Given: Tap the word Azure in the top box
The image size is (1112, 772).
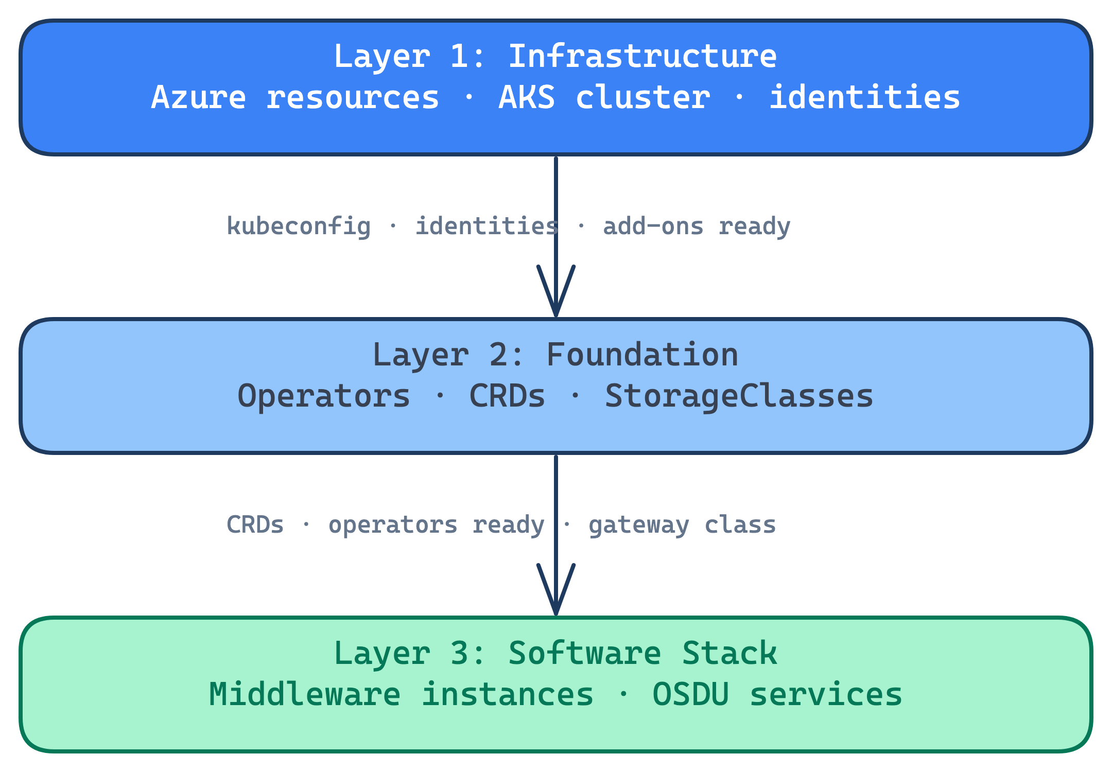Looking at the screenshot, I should click(x=199, y=97).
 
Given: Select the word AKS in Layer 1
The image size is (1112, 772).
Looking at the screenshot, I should click(x=527, y=97).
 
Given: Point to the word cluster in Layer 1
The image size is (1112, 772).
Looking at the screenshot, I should click(x=642, y=97).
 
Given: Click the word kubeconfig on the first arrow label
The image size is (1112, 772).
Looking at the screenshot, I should click(x=299, y=226).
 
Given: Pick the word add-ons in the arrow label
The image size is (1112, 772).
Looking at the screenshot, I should click(x=653, y=226).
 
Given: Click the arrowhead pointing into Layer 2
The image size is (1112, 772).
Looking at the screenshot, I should click(x=556, y=299).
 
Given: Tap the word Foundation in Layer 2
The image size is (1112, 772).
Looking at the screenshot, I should click(x=642, y=355).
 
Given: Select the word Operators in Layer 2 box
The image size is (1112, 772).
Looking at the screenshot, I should click(x=324, y=396).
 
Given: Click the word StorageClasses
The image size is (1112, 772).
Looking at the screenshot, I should click(x=739, y=396).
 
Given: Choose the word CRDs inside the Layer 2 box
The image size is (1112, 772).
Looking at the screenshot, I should click(x=507, y=396).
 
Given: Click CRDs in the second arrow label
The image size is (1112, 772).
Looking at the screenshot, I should click(x=255, y=525).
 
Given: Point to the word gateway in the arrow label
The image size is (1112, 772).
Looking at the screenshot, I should click(x=638, y=525).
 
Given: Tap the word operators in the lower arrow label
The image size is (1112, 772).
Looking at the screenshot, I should click(x=393, y=525).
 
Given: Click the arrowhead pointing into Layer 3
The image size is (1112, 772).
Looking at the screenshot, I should click(x=556, y=597).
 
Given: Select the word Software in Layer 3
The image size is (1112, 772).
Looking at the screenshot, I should click(x=584, y=653).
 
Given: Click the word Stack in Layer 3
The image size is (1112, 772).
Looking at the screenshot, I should click(x=729, y=653).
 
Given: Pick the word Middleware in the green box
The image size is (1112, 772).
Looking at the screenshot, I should click(x=305, y=694).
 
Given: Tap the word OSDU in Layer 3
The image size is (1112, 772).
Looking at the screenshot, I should click(x=690, y=694).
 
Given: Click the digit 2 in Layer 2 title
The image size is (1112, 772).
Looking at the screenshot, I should click(x=498, y=355).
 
